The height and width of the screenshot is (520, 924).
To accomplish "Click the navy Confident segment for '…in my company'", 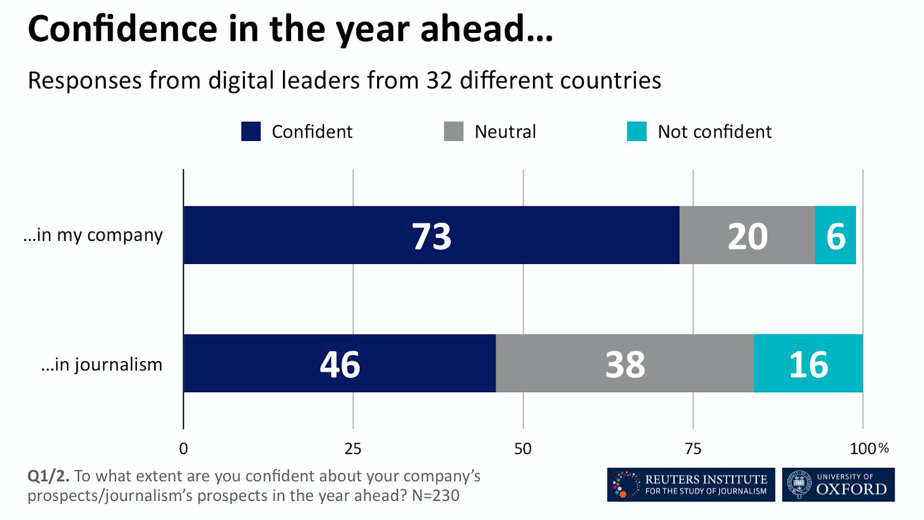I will click(431, 235).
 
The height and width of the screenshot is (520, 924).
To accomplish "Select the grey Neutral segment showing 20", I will click(747, 235).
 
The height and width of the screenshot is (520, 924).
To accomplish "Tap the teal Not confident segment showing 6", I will click(835, 235).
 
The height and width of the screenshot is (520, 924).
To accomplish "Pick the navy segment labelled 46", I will click(340, 363).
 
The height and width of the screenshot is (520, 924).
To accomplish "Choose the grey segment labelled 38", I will click(624, 363).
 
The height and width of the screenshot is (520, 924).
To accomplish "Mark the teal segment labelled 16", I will click(808, 363).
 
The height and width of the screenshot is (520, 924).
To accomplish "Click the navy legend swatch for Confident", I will click(251, 131).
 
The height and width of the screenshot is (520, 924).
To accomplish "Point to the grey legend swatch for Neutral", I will click(453, 131).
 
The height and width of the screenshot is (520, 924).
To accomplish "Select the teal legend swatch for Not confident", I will click(636, 131).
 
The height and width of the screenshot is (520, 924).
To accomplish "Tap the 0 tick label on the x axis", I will click(183, 449).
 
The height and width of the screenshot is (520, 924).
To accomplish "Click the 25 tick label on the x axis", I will click(353, 449).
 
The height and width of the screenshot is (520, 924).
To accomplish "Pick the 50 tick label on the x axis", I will click(523, 449).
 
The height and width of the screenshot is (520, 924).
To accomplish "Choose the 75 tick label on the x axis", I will click(692, 449).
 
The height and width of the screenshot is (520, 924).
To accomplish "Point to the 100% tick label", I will click(869, 449).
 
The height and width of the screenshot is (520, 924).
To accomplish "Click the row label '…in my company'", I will click(94, 235).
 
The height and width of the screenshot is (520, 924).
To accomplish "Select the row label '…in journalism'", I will click(102, 365).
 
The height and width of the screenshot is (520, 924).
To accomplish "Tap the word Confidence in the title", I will click(122, 28).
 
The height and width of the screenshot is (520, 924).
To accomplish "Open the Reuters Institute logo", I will click(691, 485).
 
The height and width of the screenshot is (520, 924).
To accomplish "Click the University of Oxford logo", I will click(838, 485).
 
